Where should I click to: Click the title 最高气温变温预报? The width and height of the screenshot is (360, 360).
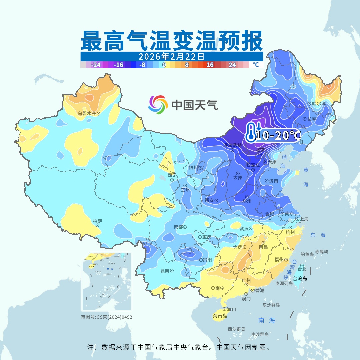171,41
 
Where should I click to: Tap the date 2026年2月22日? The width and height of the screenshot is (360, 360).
171,56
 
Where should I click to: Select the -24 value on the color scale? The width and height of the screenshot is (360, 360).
96,65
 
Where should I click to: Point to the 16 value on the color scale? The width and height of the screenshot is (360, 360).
210,65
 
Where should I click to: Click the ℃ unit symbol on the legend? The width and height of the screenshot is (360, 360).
255,65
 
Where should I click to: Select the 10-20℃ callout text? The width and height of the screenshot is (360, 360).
278,135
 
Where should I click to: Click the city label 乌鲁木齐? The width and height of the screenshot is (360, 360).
87,113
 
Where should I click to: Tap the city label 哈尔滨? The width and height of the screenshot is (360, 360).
318,104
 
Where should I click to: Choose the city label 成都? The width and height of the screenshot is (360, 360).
178,227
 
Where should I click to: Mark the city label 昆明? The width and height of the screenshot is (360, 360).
165,271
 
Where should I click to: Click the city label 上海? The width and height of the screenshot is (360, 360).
304,219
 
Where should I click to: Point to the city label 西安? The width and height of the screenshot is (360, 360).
209,200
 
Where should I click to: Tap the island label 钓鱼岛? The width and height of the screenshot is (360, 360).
307,254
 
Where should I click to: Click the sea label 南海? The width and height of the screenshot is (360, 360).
267,320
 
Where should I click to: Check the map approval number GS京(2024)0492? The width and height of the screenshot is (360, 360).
107,317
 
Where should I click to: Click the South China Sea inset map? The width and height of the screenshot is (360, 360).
107,282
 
